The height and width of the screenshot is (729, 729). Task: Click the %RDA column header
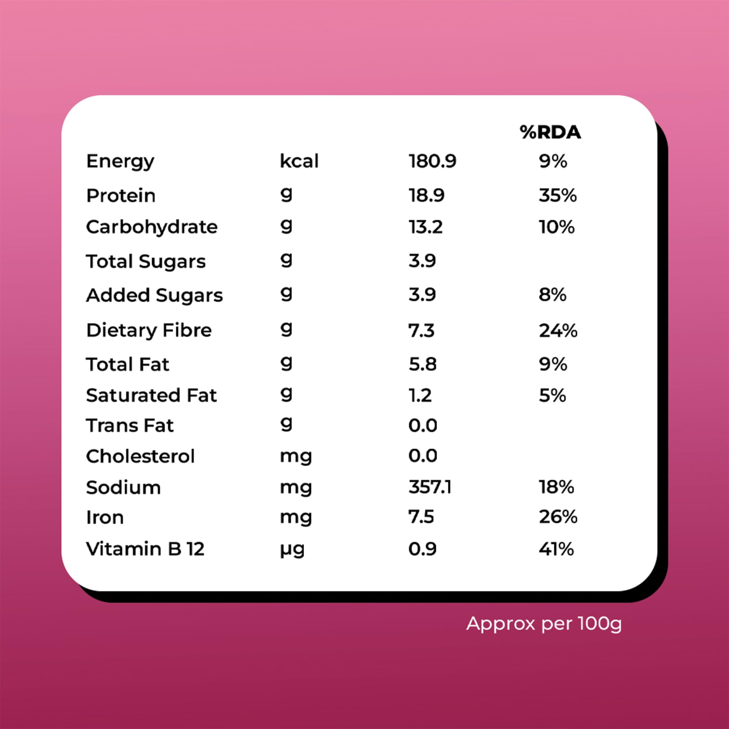click(x=550, y=132)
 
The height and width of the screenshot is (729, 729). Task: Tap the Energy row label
click(x=120, y=161)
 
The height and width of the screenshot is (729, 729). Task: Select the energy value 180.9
click(x=432, y=161)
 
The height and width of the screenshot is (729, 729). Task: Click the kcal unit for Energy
click(x=299, y=161)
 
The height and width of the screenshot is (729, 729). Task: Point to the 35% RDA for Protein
click(x=557, y=195)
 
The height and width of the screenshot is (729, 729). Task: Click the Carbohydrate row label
click(x=152, y=227)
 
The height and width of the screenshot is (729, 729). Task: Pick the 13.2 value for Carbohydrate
click(x=425, y=227)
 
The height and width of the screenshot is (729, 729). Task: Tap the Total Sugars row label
click(x=146, y=261)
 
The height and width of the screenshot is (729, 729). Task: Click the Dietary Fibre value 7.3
click(x=421, y=331)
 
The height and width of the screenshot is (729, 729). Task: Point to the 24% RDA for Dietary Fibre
click(x=558, y=331)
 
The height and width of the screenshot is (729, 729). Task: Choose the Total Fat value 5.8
click(x=422, y=364)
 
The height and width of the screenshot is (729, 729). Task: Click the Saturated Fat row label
click(x=151, y=395)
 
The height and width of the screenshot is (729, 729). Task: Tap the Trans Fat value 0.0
click(x=422, y=426)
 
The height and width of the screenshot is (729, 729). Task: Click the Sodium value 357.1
click(x=430, y=487)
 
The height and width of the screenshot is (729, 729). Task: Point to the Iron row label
click(x=105, y=517)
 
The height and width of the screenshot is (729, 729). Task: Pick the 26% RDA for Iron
click(x=558, y=517)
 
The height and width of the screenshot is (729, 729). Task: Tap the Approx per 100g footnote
click(x=544, y=624)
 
